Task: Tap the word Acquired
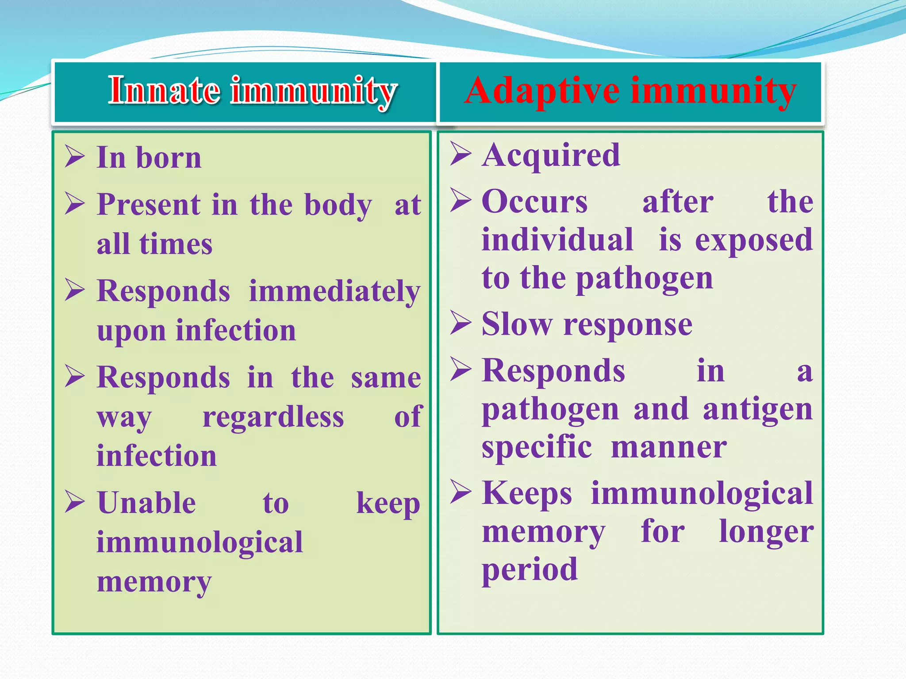click(551, 156)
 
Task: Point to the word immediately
click(334, 292)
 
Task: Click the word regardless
click(273, 417)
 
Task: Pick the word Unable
click(146, 503)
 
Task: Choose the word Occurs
click(535, 202)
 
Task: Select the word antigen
click(757, 410)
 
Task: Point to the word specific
click(537, 448)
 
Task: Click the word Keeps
click(527, 493)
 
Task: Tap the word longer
click(766, 532)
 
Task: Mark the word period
click(530, 570)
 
